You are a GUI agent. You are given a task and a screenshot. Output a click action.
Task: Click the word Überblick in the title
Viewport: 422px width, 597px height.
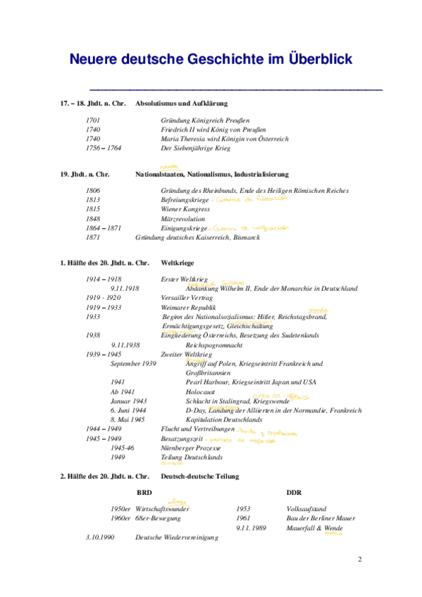pos(310,60)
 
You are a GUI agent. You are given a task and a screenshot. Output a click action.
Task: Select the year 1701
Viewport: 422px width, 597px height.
pos(93,121)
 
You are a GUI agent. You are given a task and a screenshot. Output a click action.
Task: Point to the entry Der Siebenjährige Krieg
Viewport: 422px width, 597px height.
pos(197,149)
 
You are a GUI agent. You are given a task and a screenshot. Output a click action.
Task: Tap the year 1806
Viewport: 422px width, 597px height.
pos(93,191)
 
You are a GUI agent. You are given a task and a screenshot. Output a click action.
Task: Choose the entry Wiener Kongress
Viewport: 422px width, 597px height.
pos(185,210)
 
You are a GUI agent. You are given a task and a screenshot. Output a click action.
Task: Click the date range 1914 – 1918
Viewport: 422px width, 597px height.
pos(103,279)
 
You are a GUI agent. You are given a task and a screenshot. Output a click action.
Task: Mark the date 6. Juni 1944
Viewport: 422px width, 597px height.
pos(130,410)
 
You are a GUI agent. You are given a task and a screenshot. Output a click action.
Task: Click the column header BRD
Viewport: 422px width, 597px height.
pos(143,493)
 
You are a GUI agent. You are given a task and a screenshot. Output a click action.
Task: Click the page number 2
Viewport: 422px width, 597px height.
pos(359,560)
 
